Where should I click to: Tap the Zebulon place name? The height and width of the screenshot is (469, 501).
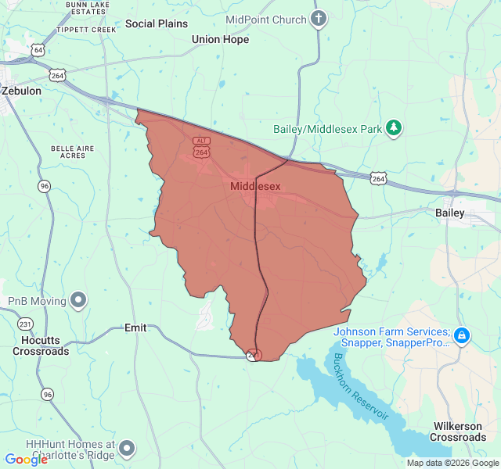coord(21,91)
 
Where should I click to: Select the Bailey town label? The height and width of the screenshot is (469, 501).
coord(450,213)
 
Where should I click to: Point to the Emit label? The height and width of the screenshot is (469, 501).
coord(135,328)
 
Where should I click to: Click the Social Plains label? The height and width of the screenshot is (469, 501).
coord(157,23)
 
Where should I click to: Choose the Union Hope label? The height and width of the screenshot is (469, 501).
coord(220,39)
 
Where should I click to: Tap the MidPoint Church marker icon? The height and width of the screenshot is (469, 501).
coord(318,19)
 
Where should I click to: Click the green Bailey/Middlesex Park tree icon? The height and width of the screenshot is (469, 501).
coord(395,128)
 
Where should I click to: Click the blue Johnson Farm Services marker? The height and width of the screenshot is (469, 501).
coord(462,336)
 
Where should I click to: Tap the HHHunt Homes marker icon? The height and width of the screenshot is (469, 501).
coord(127,449)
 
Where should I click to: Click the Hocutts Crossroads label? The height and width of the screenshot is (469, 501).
coord(41,345)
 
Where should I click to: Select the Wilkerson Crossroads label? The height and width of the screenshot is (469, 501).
coord(457,431)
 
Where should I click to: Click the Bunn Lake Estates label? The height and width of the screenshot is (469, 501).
coord(87,8)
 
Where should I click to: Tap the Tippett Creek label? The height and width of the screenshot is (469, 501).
coord(85,30)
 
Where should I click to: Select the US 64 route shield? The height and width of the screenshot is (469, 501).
coord(38,50)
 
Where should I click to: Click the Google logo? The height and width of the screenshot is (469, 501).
coord(26,460)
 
